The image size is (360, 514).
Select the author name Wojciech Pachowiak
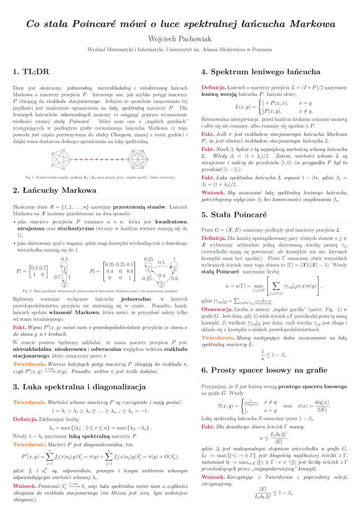click(x=180, y=39)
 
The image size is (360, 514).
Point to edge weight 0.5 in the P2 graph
click(x=161, y=262)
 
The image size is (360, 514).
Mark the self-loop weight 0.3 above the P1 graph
click(x=64, y=259)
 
